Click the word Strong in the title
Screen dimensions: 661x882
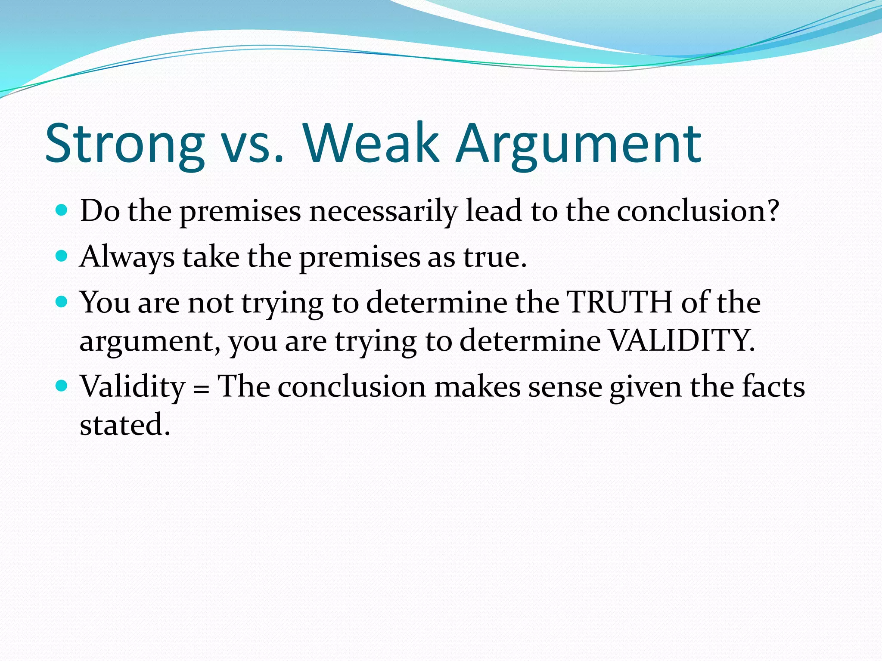125,144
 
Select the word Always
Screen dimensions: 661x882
127,257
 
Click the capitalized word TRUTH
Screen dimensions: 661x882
619,302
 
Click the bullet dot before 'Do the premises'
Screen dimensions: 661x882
62,210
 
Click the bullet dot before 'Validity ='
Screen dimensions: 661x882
62,386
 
